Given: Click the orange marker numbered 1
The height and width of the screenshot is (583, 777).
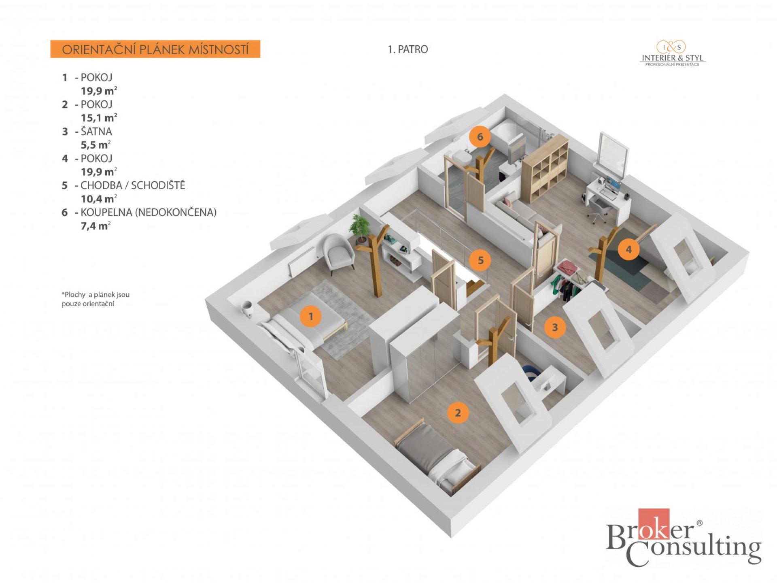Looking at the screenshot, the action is [310, 316].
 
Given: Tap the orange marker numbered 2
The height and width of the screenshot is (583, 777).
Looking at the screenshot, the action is [458, 413].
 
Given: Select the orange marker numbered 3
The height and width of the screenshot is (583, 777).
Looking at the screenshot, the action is [555, 327].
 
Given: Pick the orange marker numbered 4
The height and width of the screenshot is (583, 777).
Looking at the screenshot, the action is [628, 249].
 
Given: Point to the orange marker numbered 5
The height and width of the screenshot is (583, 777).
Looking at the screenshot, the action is [481, 260].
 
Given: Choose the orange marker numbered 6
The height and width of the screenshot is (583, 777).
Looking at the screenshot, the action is [480, 137].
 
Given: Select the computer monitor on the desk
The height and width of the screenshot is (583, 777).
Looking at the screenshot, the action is [612, 185].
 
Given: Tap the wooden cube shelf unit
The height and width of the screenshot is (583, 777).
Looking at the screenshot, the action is [545, 168].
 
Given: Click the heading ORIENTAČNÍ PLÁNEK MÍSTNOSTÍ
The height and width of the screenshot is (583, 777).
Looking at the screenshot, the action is [155, 49].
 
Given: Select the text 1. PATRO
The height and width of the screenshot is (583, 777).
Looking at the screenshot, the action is [408, 49].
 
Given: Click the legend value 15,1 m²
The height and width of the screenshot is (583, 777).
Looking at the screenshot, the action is [99, 118].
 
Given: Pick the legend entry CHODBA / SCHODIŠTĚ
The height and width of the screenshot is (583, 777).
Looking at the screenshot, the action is [133, 185].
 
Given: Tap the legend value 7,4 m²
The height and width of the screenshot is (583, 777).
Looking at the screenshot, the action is [96, 226].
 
